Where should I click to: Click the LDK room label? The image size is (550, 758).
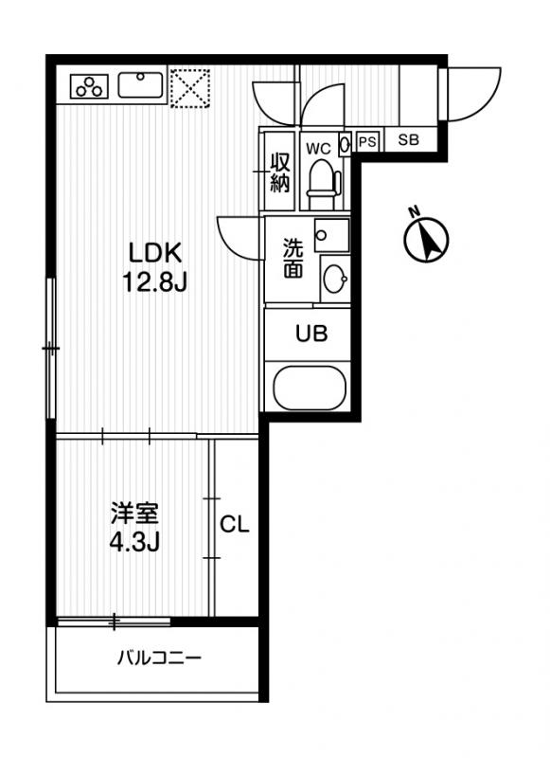154,253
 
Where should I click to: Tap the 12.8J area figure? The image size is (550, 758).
154,282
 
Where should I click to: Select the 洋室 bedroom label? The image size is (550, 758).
134,513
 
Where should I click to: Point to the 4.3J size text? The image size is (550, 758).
134,542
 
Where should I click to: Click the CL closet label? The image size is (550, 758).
235,524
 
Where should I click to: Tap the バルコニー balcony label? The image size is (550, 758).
159,658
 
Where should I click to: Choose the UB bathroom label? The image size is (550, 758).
311,334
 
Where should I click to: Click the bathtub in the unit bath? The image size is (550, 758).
310,388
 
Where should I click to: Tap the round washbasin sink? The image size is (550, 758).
336,279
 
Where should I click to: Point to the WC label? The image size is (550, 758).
319,149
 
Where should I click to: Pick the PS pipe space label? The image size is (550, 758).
367,142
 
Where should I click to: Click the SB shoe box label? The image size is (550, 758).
409,140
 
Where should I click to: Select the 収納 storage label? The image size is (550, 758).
280,172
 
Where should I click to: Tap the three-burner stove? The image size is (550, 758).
89,86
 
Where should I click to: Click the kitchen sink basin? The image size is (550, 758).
141,84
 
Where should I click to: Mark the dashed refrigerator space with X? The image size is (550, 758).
190,87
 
